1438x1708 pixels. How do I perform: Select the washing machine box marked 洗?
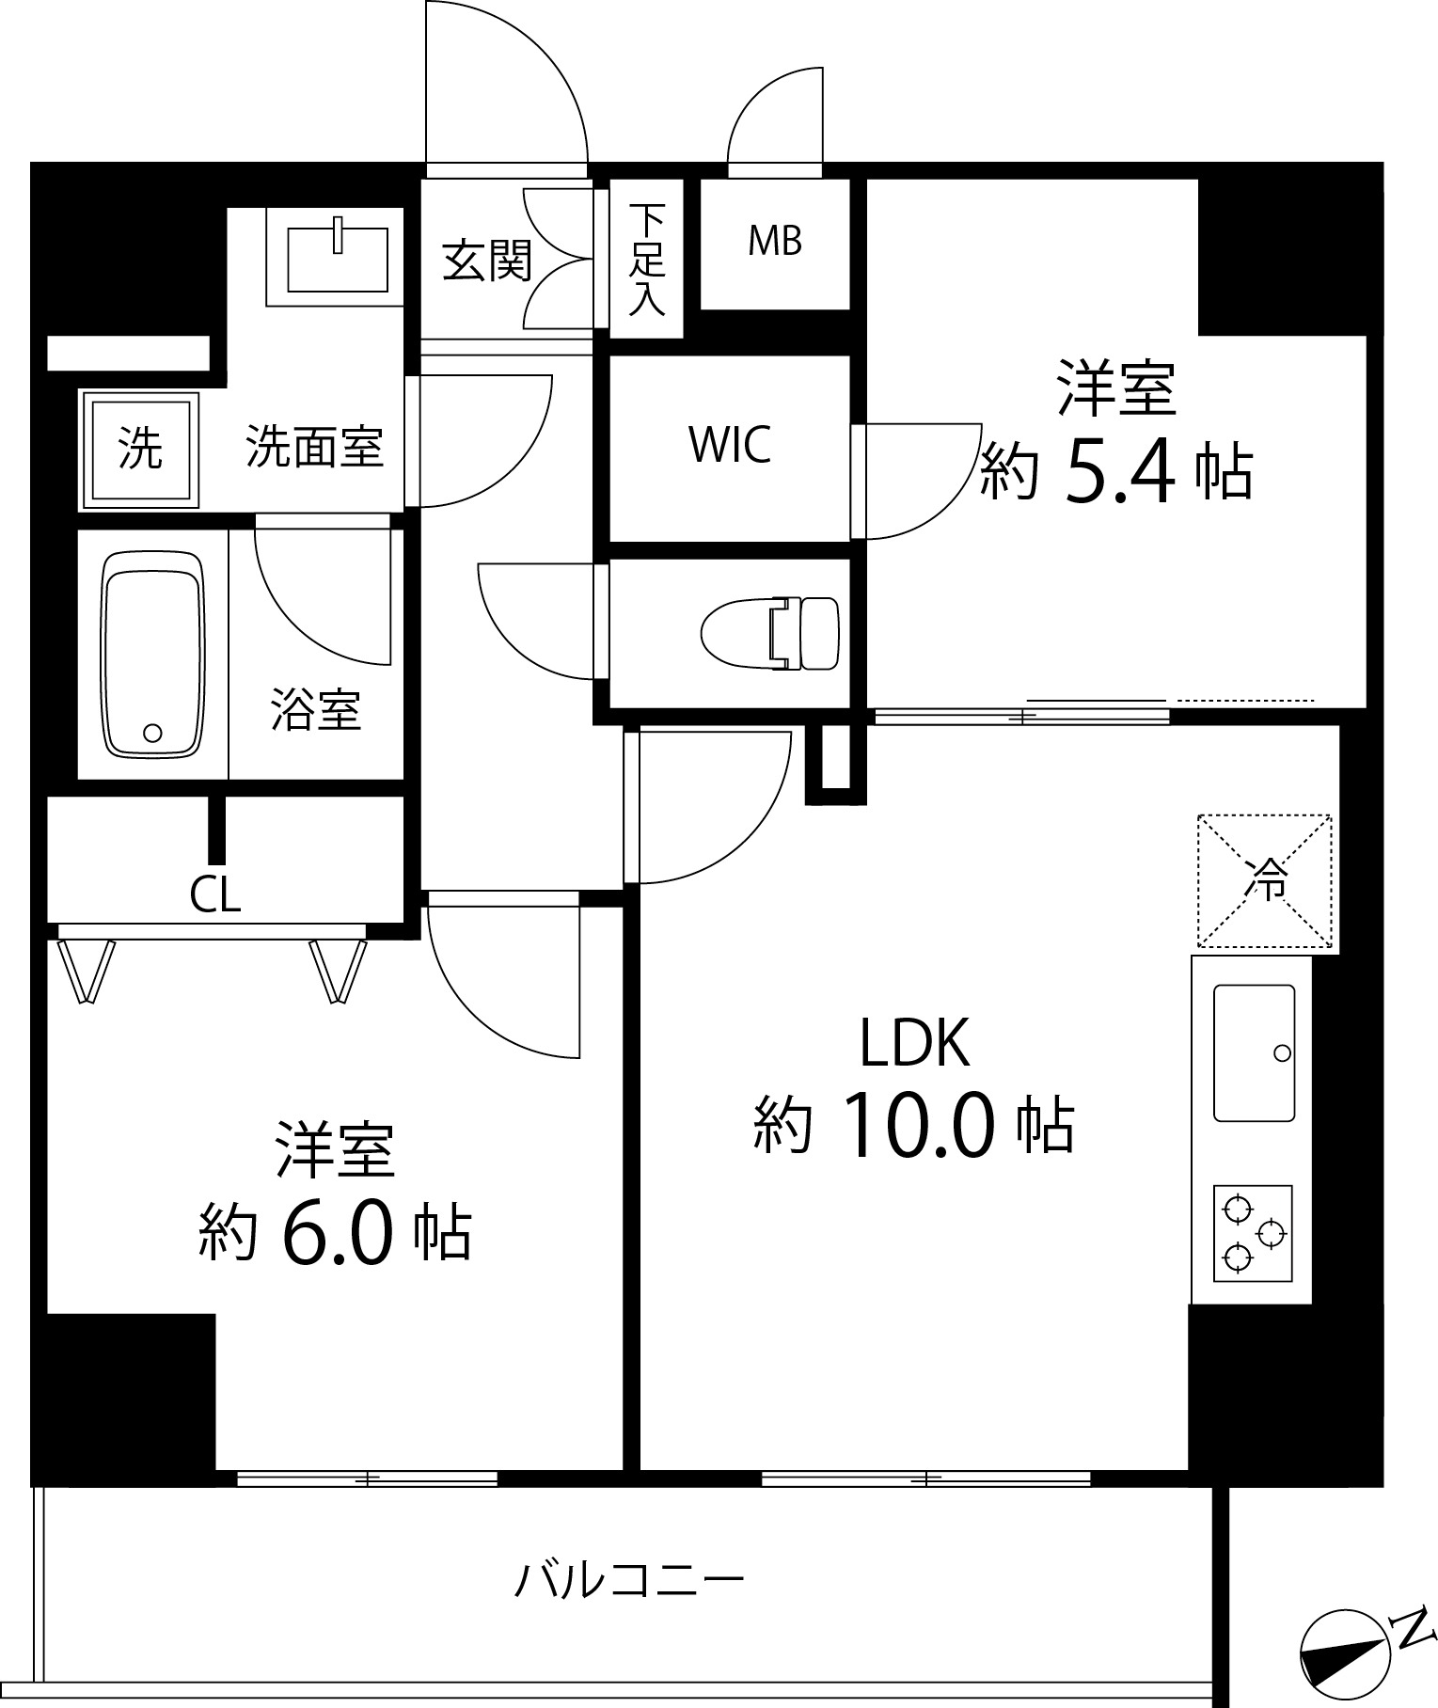140,450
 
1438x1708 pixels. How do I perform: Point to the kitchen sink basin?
1254,1052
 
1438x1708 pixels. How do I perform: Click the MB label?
775,242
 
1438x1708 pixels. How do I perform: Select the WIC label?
730,446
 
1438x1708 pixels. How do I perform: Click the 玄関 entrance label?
488,261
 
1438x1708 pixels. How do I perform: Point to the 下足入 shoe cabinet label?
647,259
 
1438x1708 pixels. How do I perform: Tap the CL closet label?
215,895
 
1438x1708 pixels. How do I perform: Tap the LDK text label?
915,1043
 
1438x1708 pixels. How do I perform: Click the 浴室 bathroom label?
316,710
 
